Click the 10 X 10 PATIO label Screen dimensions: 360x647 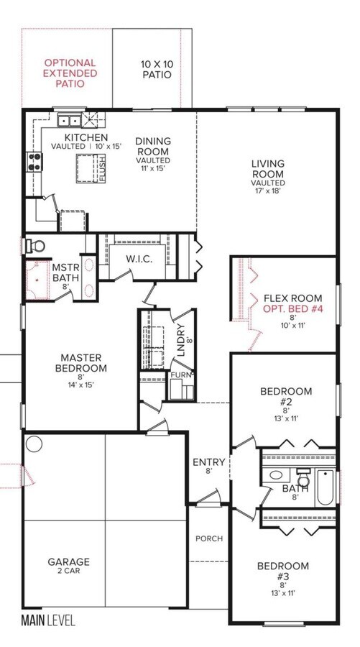[157, 70]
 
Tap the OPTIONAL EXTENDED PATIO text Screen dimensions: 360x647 [70, 73]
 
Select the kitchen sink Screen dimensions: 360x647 [69, 121]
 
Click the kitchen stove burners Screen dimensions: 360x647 [34, 162]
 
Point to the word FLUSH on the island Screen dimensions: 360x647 [102, 168]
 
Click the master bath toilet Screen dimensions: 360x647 [35, 247]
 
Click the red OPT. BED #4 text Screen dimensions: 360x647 [292, 308]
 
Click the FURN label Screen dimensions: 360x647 [182, 375]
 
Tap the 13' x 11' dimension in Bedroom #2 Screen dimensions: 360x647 [286, 418]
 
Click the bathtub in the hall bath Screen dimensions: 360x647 [326, 487]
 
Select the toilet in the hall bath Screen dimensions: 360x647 [304, 478]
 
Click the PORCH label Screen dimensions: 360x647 [209, 538]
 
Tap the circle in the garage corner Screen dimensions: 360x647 [34, 444]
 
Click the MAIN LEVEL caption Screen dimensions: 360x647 [48, 620]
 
